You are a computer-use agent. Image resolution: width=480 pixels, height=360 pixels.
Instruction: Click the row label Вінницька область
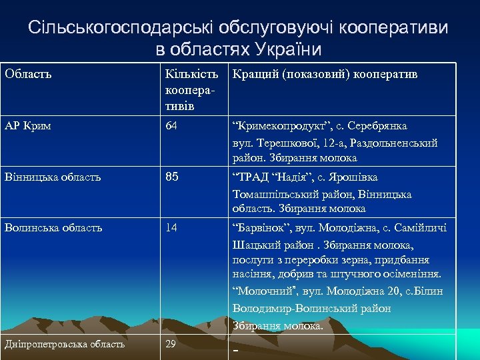(53, 177)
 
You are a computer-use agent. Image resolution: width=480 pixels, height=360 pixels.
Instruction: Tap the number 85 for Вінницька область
(173, 177)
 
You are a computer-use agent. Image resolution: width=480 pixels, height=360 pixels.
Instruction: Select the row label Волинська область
(53, 227)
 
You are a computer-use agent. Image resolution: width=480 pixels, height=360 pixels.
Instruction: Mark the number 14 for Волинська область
(172, 227)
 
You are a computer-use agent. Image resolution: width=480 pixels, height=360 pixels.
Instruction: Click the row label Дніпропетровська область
(65, 344)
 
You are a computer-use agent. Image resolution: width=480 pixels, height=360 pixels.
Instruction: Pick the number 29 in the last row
(171, 344)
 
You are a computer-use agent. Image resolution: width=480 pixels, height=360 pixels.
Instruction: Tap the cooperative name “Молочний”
(261, 291)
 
